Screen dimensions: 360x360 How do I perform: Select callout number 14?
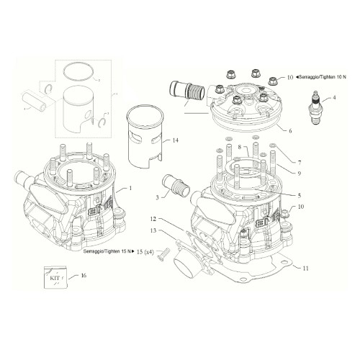point(176,140)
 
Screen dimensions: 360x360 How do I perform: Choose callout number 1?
point(131,188)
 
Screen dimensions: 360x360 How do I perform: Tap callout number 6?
point(290,131)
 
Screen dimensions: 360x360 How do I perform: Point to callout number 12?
point(153,218)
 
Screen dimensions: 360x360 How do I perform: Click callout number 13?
point(153,230)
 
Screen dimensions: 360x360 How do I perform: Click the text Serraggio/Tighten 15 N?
point(107,250)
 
